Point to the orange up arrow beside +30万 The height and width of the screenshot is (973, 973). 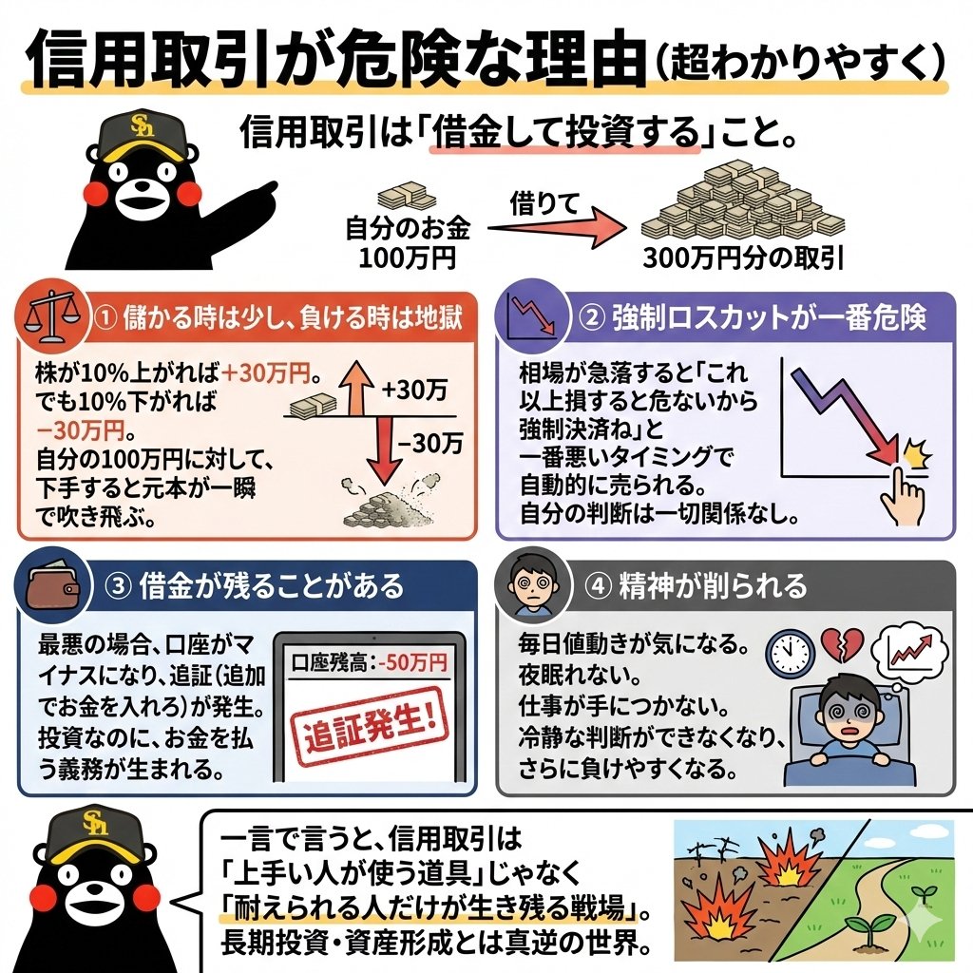tap(357, 389)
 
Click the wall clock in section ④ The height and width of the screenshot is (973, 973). tap(791, 653)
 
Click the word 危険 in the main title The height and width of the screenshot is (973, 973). tap(377, 63)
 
